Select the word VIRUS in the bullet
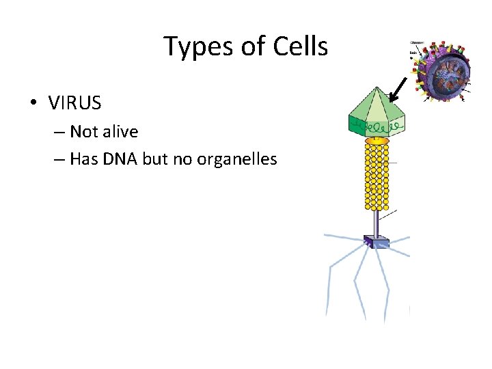click(x=74, y=103)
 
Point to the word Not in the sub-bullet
click(x=84, y=131)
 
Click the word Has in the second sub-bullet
click(x=83, y=159)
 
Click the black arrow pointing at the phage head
click(x=397, y=88)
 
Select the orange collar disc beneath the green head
click(x=377, y=139)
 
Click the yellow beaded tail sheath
click(x=377, y=176)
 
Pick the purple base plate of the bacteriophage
click(x=377, y=241)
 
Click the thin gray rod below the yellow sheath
click(x=377, y=222)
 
